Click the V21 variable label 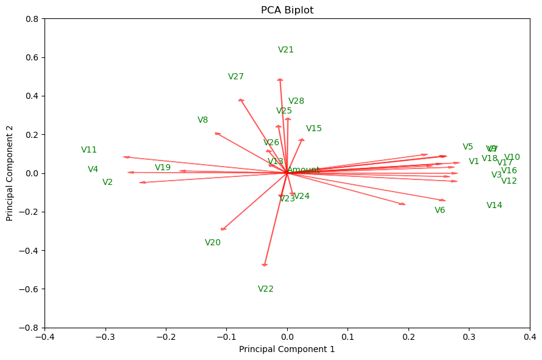tap(286, 50)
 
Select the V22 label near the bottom tap(266, 289)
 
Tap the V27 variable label tap(236, 77)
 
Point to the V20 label tap(213, 243)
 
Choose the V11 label tap(89, 150)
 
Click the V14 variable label tap(494, 206)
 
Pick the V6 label tap(440, 211)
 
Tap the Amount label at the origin tap(304, 170)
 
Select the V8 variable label tap(203, 120)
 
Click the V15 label tap(314, 129)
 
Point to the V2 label tap(108, 182)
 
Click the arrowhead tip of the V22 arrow tap(265, 265)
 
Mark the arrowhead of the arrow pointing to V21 tap(280, 79)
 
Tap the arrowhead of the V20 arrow tap(223, 229)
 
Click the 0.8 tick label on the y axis tap(32, 19)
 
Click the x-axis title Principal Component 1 tap(287, 350)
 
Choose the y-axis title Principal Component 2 tap(10, 173)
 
